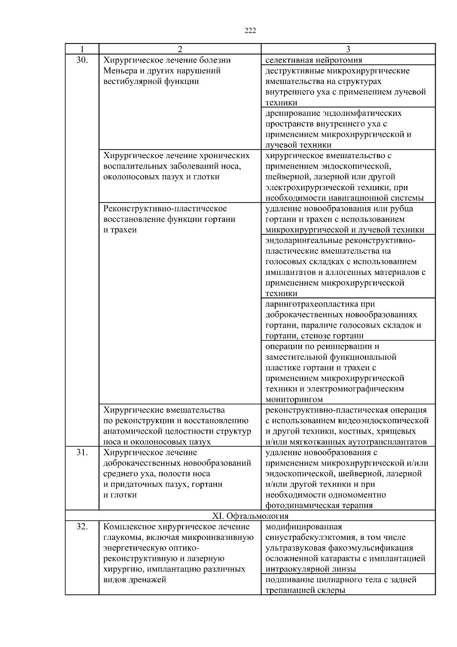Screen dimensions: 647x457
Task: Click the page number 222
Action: pyautogui.click(x=250, y=31)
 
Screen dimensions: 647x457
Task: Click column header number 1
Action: pyautogui.click(x=82, y=49)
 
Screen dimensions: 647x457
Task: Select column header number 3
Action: pyautogui.click(x=348, y=49)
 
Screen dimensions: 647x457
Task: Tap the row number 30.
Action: pyautogui.click(x=82, y=60)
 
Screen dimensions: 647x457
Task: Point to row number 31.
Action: pyautogui.click(x=82, y=452)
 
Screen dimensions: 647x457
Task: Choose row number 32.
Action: pyautogui.click(x=82, y=527)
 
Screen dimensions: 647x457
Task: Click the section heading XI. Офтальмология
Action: pyautogui.click(x=250, y=516)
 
